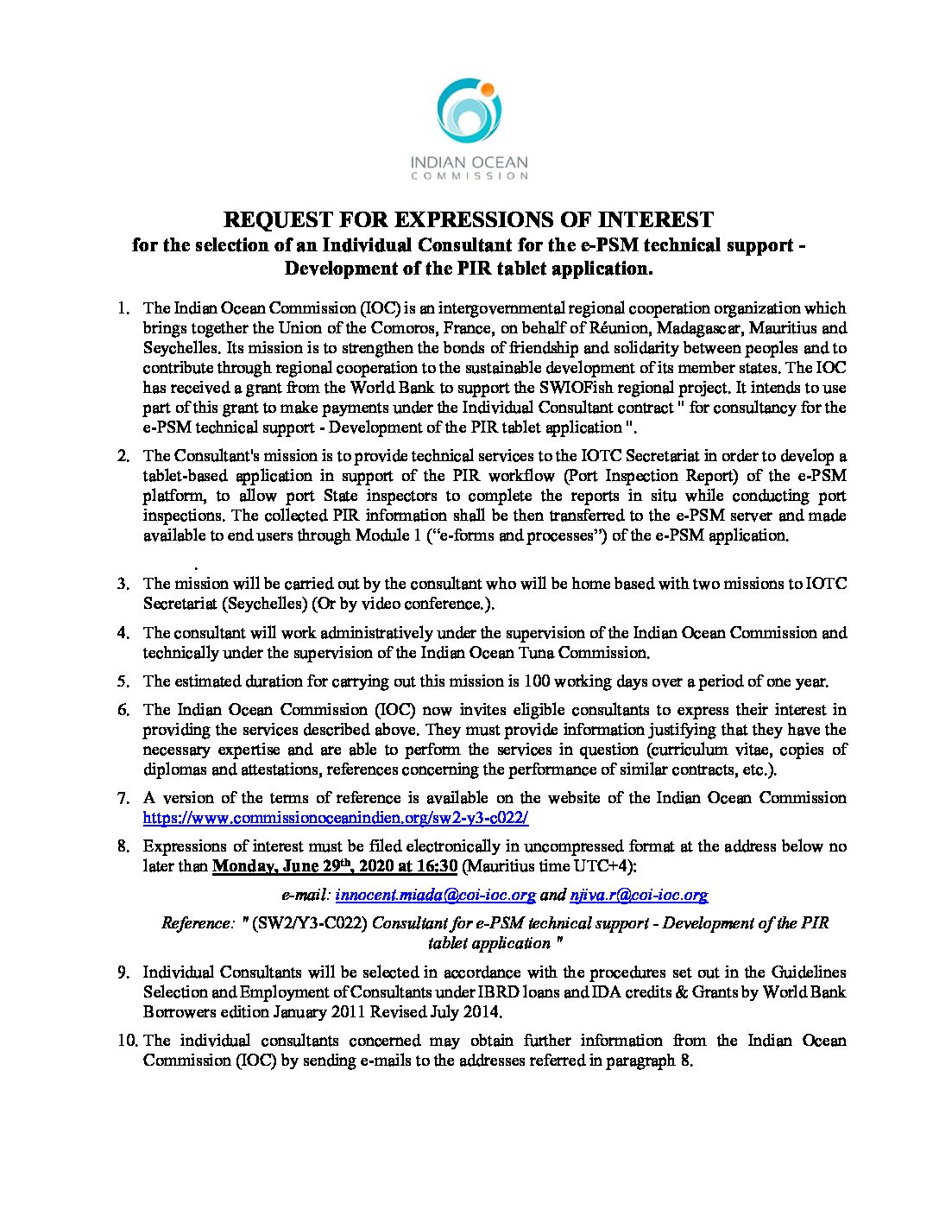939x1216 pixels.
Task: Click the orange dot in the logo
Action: pos(486,89)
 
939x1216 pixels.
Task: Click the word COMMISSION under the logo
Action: pos(469,175)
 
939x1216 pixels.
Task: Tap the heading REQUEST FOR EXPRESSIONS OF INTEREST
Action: pos(469,219)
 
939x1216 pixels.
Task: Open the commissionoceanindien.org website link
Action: pos(336,818)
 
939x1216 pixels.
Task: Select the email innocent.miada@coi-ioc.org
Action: pos(435,896)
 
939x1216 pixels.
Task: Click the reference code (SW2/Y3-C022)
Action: pos(310,923)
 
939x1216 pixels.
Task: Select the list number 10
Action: pos(127,1041)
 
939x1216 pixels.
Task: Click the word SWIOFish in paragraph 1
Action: pos(553,388)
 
